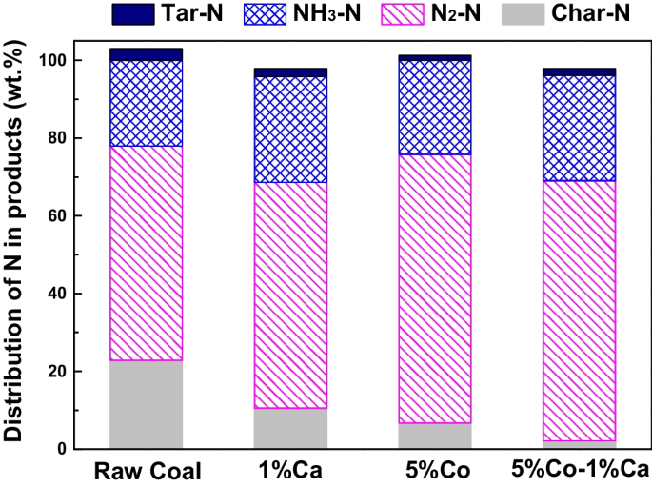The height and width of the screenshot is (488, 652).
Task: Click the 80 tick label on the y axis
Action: tap(59, 138)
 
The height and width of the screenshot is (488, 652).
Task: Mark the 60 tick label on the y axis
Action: tap(59, 216)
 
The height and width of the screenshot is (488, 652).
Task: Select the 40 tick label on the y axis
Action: tap(59, 294)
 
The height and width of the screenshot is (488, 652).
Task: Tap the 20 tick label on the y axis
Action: tap(59, 372)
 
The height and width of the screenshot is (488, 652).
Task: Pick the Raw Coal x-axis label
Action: tap(147, 471)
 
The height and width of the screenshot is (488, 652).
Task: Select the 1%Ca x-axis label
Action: tap(290, 471)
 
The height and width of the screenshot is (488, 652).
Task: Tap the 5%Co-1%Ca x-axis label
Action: tap(579, 471)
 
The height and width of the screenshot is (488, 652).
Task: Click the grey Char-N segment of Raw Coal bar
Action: tap(147, 404)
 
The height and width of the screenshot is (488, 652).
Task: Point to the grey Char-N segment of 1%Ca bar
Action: tap(290, 428)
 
